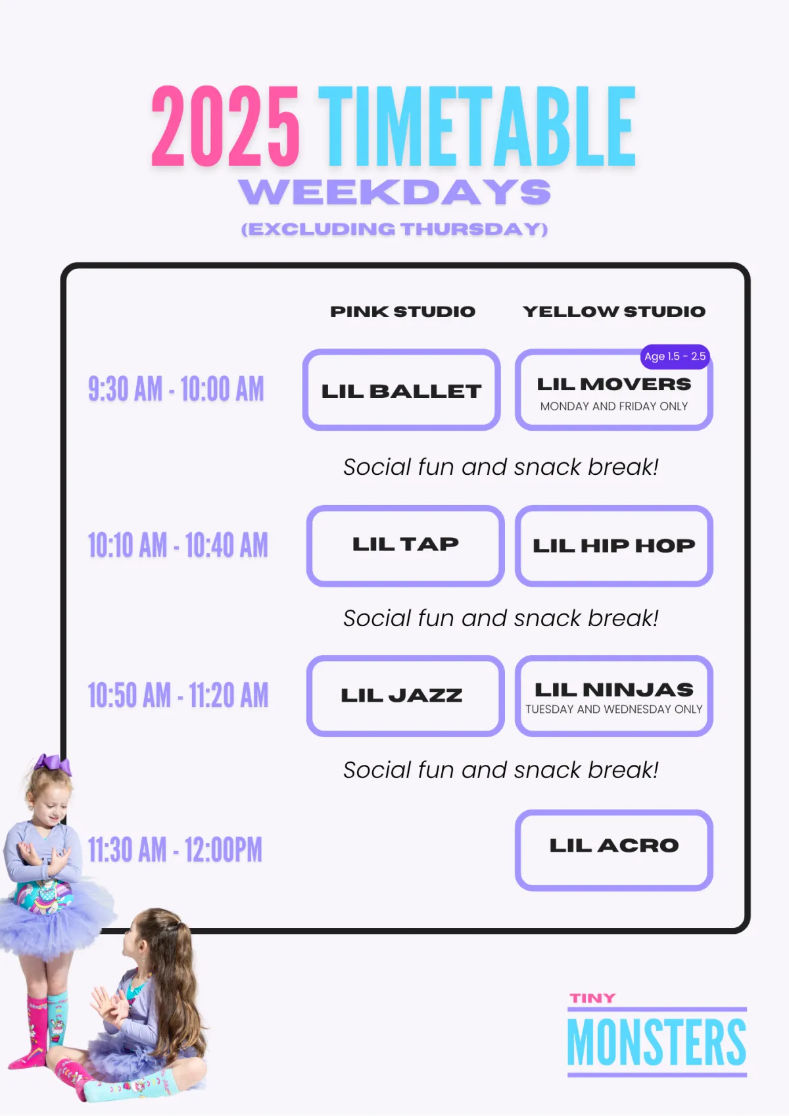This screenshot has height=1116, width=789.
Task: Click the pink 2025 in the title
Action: point(226,126)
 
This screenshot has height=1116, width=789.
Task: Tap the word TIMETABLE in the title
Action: point(477,126)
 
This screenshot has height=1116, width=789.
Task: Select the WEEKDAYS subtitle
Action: point(394,192)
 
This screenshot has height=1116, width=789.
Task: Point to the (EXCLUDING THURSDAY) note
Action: point(394,229)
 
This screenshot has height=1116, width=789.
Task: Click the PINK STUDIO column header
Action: point(402,311)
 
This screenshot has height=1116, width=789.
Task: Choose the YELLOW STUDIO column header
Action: point(614,311)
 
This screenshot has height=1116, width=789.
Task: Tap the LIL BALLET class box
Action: point(402,389)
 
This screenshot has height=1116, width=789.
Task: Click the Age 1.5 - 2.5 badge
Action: point(675,356)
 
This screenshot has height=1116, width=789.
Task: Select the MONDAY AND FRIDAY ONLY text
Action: point(614,406)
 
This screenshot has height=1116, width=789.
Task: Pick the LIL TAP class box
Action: point(406,546)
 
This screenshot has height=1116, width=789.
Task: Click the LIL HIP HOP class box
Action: point(614,546)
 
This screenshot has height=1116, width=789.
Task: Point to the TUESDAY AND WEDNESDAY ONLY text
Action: point(614,709)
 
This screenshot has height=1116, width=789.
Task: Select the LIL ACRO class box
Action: point(614,850)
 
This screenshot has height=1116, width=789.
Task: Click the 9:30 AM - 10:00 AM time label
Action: point(176,389)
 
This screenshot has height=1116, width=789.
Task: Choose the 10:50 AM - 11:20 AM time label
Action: point(178,695)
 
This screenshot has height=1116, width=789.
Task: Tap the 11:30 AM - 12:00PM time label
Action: point(175,850)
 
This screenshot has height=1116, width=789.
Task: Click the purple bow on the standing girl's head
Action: point(53,765)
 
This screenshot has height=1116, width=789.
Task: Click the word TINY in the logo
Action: point(593,998)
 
